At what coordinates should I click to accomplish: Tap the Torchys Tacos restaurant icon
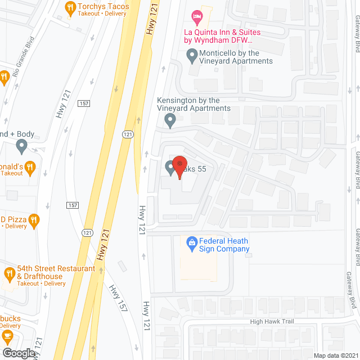click(x=70, y=7)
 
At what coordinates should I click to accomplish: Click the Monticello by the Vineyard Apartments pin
click(x=192, y=55)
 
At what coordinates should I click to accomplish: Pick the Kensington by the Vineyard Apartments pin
click(x=169, y=120)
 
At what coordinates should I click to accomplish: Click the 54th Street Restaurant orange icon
click(x=9, y=274)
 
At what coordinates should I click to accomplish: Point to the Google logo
click(x=18, y=353)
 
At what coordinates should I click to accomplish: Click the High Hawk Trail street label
click(x=272, y=321)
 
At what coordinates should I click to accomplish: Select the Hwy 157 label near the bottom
click(x=118, y=298)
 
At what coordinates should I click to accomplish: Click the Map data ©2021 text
click(x=335, y=355)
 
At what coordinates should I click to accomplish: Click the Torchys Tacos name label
click(x=103, y=7)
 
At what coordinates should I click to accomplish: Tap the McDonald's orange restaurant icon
click(x=30, y=167)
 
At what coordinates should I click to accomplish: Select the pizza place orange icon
click(x=34, y=220)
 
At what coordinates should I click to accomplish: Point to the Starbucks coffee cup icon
click(x=7, y=336)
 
